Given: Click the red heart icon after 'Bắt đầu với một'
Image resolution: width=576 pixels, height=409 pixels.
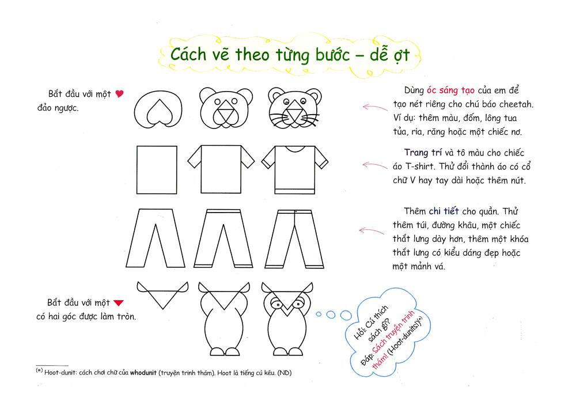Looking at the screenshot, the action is [x=119, y=94].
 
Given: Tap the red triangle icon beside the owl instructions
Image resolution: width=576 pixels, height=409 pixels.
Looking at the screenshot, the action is [x=119, y=303].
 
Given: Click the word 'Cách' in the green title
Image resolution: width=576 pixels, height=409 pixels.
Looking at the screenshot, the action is [x=188, y=54].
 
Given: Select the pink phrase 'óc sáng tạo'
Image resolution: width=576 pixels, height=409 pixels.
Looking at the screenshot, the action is [x=450, y=90].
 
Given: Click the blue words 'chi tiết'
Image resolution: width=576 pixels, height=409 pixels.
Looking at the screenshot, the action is [x=444, y=211].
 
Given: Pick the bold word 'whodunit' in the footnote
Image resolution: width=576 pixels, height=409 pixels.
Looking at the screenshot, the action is [x=143, y=373].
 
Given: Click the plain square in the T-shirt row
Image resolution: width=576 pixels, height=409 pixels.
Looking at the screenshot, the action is [x=157, y=170].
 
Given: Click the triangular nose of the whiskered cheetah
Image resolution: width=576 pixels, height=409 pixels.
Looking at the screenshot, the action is [x=294, y=111].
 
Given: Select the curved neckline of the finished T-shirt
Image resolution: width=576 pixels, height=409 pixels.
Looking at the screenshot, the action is [x=295, y=150].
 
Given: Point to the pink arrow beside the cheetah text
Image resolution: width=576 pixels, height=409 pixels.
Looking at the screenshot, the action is [x=375, y=107].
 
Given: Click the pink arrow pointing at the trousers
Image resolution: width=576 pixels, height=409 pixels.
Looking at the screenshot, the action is [x=372, y=231].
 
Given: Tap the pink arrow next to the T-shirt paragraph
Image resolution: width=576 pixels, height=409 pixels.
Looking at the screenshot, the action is [x=375, y=166].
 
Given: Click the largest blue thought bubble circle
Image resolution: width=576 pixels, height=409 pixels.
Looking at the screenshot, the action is [x=346, y=315].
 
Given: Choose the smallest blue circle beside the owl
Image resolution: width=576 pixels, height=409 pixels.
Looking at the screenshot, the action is [x=319, y=314].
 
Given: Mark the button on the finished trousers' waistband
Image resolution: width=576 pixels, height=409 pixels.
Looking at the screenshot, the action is [x=295, y=211].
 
